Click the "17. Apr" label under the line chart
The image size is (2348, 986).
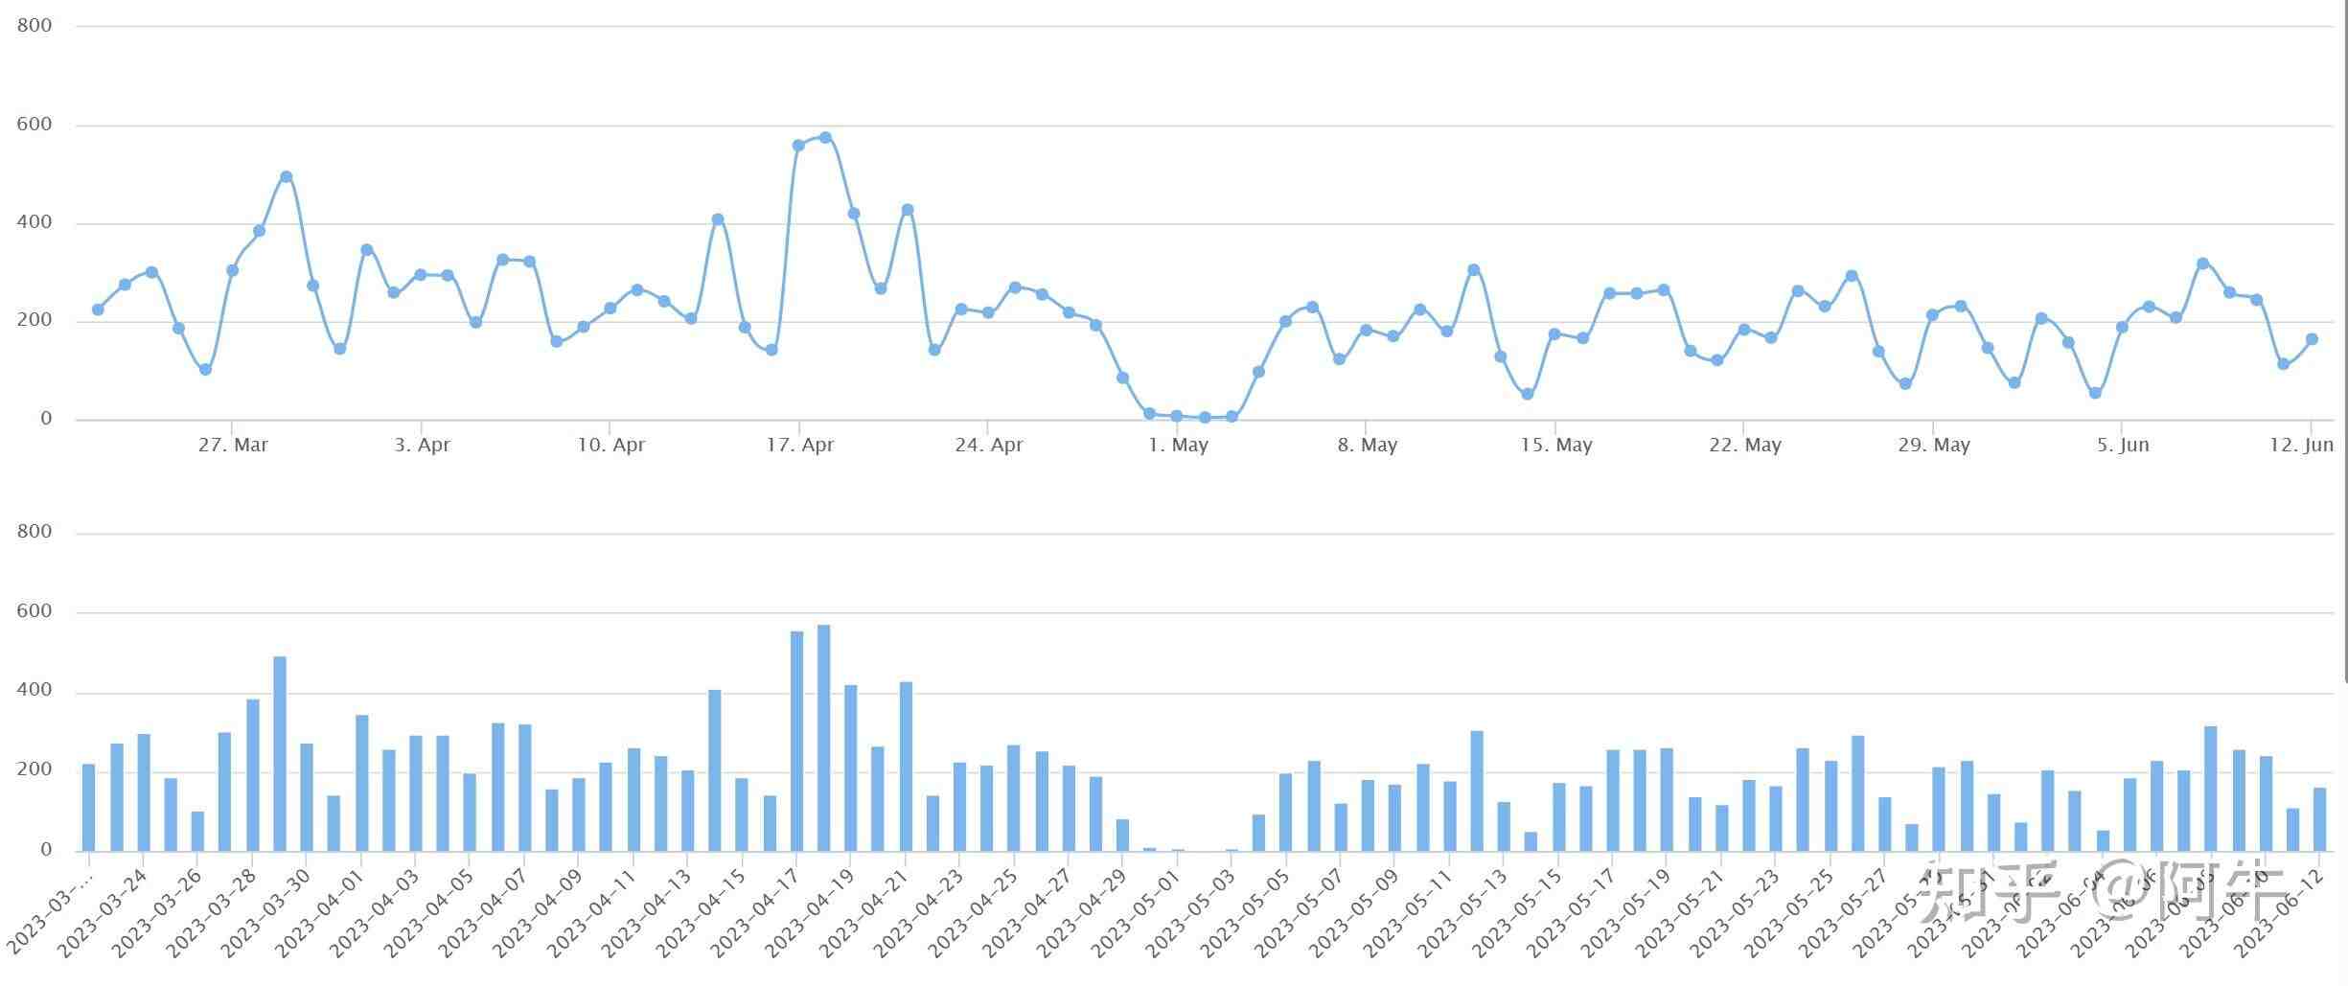[x=799, y=446]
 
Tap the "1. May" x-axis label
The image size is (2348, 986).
[x=1178, y=446]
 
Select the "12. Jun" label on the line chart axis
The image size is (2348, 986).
[x=2301, y=446]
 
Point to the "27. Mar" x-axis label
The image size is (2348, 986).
[x=233, y=446]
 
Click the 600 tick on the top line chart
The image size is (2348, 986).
[x=35, y=125]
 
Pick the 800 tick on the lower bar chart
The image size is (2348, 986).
[x=35, y=532]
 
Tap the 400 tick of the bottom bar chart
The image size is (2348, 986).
[x=35, y=691]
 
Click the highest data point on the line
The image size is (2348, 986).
[x=825, y=138]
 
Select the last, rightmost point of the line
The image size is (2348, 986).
[x=2312, y=339]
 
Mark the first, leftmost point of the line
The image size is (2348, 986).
[x=98, y=310]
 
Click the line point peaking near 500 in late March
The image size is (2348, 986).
[x=286, y=177]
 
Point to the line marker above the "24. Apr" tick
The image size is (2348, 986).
[x=988, y=312]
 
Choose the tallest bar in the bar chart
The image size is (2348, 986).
[x=823, y=738]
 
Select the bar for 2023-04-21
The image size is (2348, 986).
[x=906, y=767]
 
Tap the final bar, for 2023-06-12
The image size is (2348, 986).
[x=2319, y=819]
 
